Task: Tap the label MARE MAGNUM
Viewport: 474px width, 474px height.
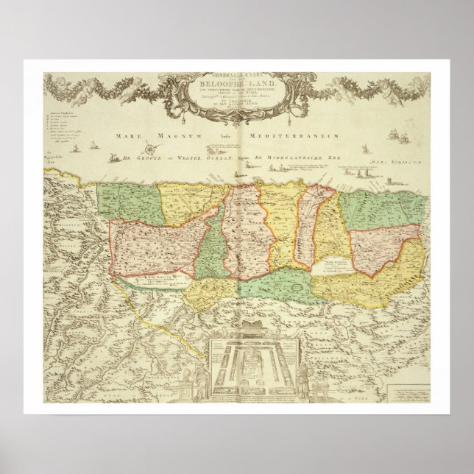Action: [x=136, y=135]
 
